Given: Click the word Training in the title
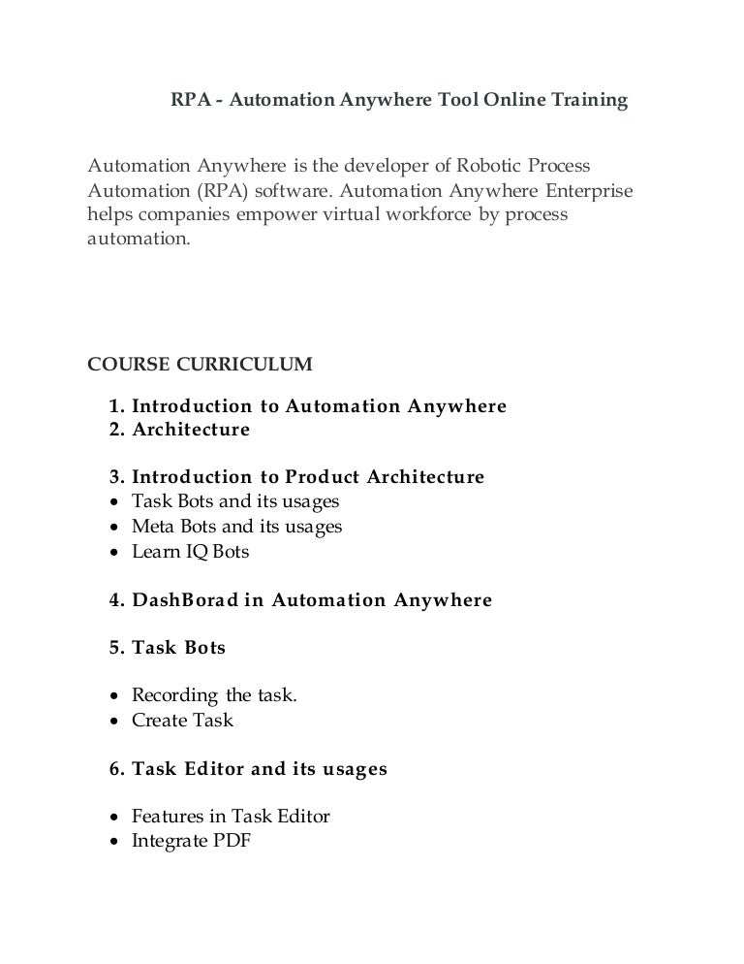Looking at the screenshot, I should tap(588, 100).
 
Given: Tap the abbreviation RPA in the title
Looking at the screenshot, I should tap(191, 100).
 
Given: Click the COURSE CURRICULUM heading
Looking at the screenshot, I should tap(201, 365).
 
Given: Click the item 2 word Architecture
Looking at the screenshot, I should tap(191, 430).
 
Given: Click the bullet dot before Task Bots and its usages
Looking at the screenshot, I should tap(115, 503).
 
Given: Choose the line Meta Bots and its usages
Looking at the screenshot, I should tap(236, 527).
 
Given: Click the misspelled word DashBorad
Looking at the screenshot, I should tap(183, 600).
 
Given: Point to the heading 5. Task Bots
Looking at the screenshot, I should tap(168, 648).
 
